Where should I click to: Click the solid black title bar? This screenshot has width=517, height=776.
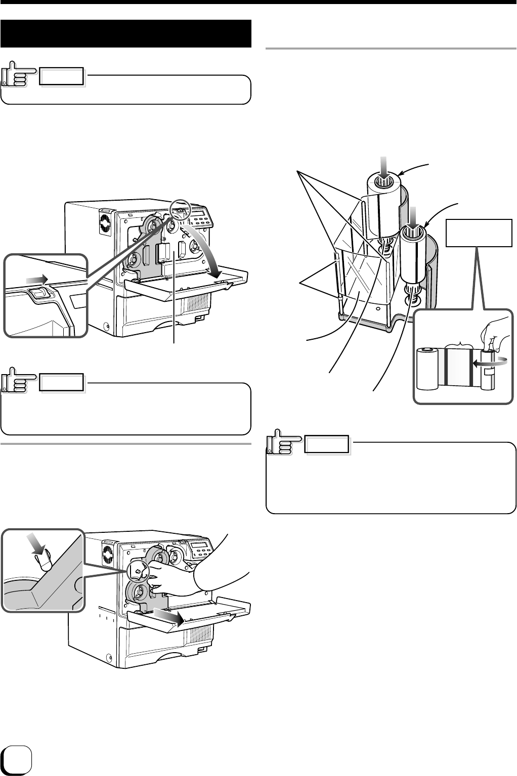point(126,33)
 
